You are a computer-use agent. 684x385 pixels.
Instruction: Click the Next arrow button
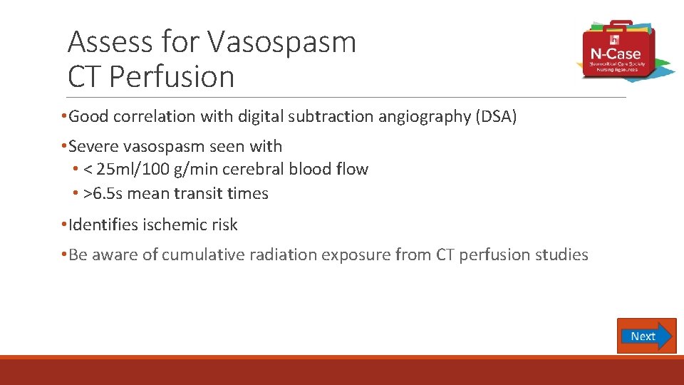tap(646, 336)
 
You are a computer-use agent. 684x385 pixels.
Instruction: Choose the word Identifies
tap(104, 225)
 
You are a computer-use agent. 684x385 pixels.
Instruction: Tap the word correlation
tap(160, 117)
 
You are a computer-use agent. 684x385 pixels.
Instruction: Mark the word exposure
tap(350, 255)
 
